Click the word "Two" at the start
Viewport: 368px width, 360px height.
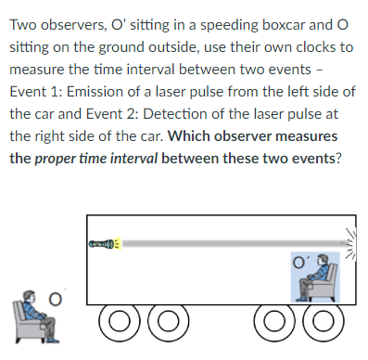coord(24,21)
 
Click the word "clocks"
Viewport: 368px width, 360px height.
coord(313,45)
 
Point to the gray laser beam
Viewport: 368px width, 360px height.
coord(232,244)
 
